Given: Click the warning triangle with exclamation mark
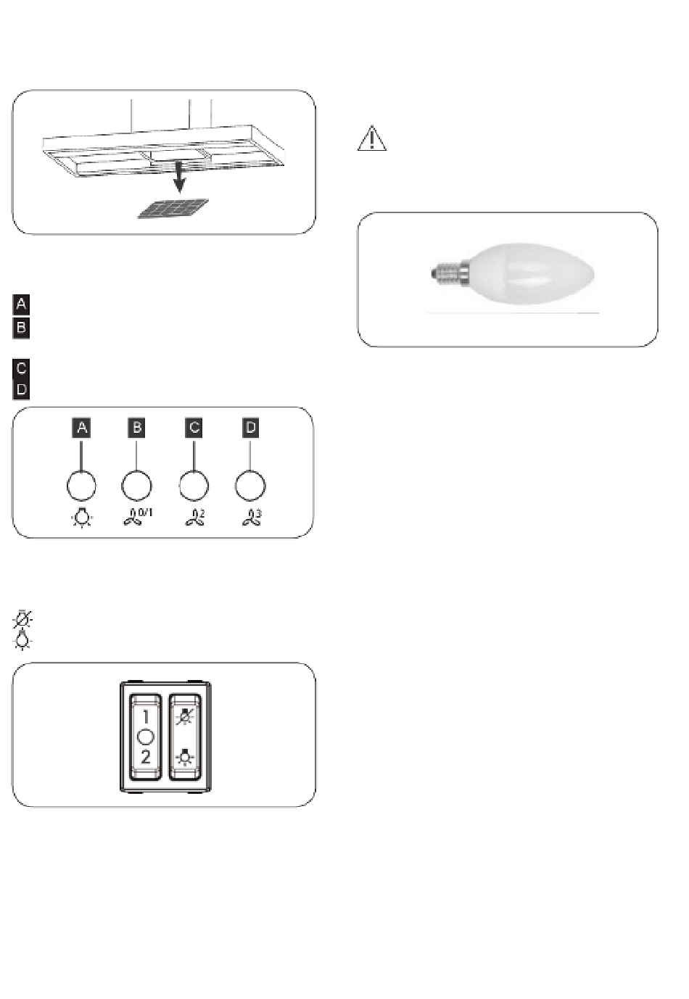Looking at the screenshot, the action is (x=371, y=138).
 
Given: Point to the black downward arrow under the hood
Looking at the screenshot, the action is (x=179, y=178).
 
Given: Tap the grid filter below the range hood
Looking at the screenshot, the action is (x=173, y=209).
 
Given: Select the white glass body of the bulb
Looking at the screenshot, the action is (x=532, y=273).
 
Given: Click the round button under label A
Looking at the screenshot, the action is (x=81, y=486).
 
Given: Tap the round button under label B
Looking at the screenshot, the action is (x=136, y=486).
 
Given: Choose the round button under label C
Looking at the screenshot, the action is (x=194, y=486).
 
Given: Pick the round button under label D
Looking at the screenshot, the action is (x=250, y=486).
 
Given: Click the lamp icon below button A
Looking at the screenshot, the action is (x=82, y=518).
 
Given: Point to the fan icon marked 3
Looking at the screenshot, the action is (x=252, y=518).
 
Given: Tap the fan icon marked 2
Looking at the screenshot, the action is (x=195, y=518).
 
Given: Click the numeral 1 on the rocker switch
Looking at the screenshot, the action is (x=146, y=717).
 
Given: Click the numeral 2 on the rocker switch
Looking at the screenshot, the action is (x=146, y=757).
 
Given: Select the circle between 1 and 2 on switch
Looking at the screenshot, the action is (x=146, y=737).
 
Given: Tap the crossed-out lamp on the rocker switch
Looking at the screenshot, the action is (x=184, y=718).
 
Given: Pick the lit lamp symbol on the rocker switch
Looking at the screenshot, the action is (x=184, y=757).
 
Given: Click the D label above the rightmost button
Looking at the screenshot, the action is (x=250, y=428).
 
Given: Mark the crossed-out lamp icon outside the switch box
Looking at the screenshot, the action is (x=22, y=619).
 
